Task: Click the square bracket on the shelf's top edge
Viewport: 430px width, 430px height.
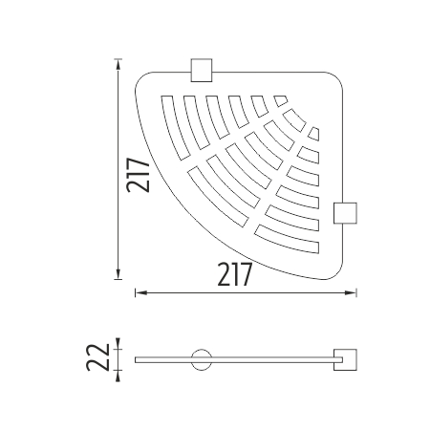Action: tap(203, 70)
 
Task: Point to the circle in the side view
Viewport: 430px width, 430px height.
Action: tap(202, 360)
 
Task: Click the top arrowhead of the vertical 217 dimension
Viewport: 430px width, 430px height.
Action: tap(118, 63)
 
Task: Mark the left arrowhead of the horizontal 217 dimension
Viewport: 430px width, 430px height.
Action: tap(137, 291)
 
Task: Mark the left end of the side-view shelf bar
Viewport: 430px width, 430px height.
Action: tap(137, 360)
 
